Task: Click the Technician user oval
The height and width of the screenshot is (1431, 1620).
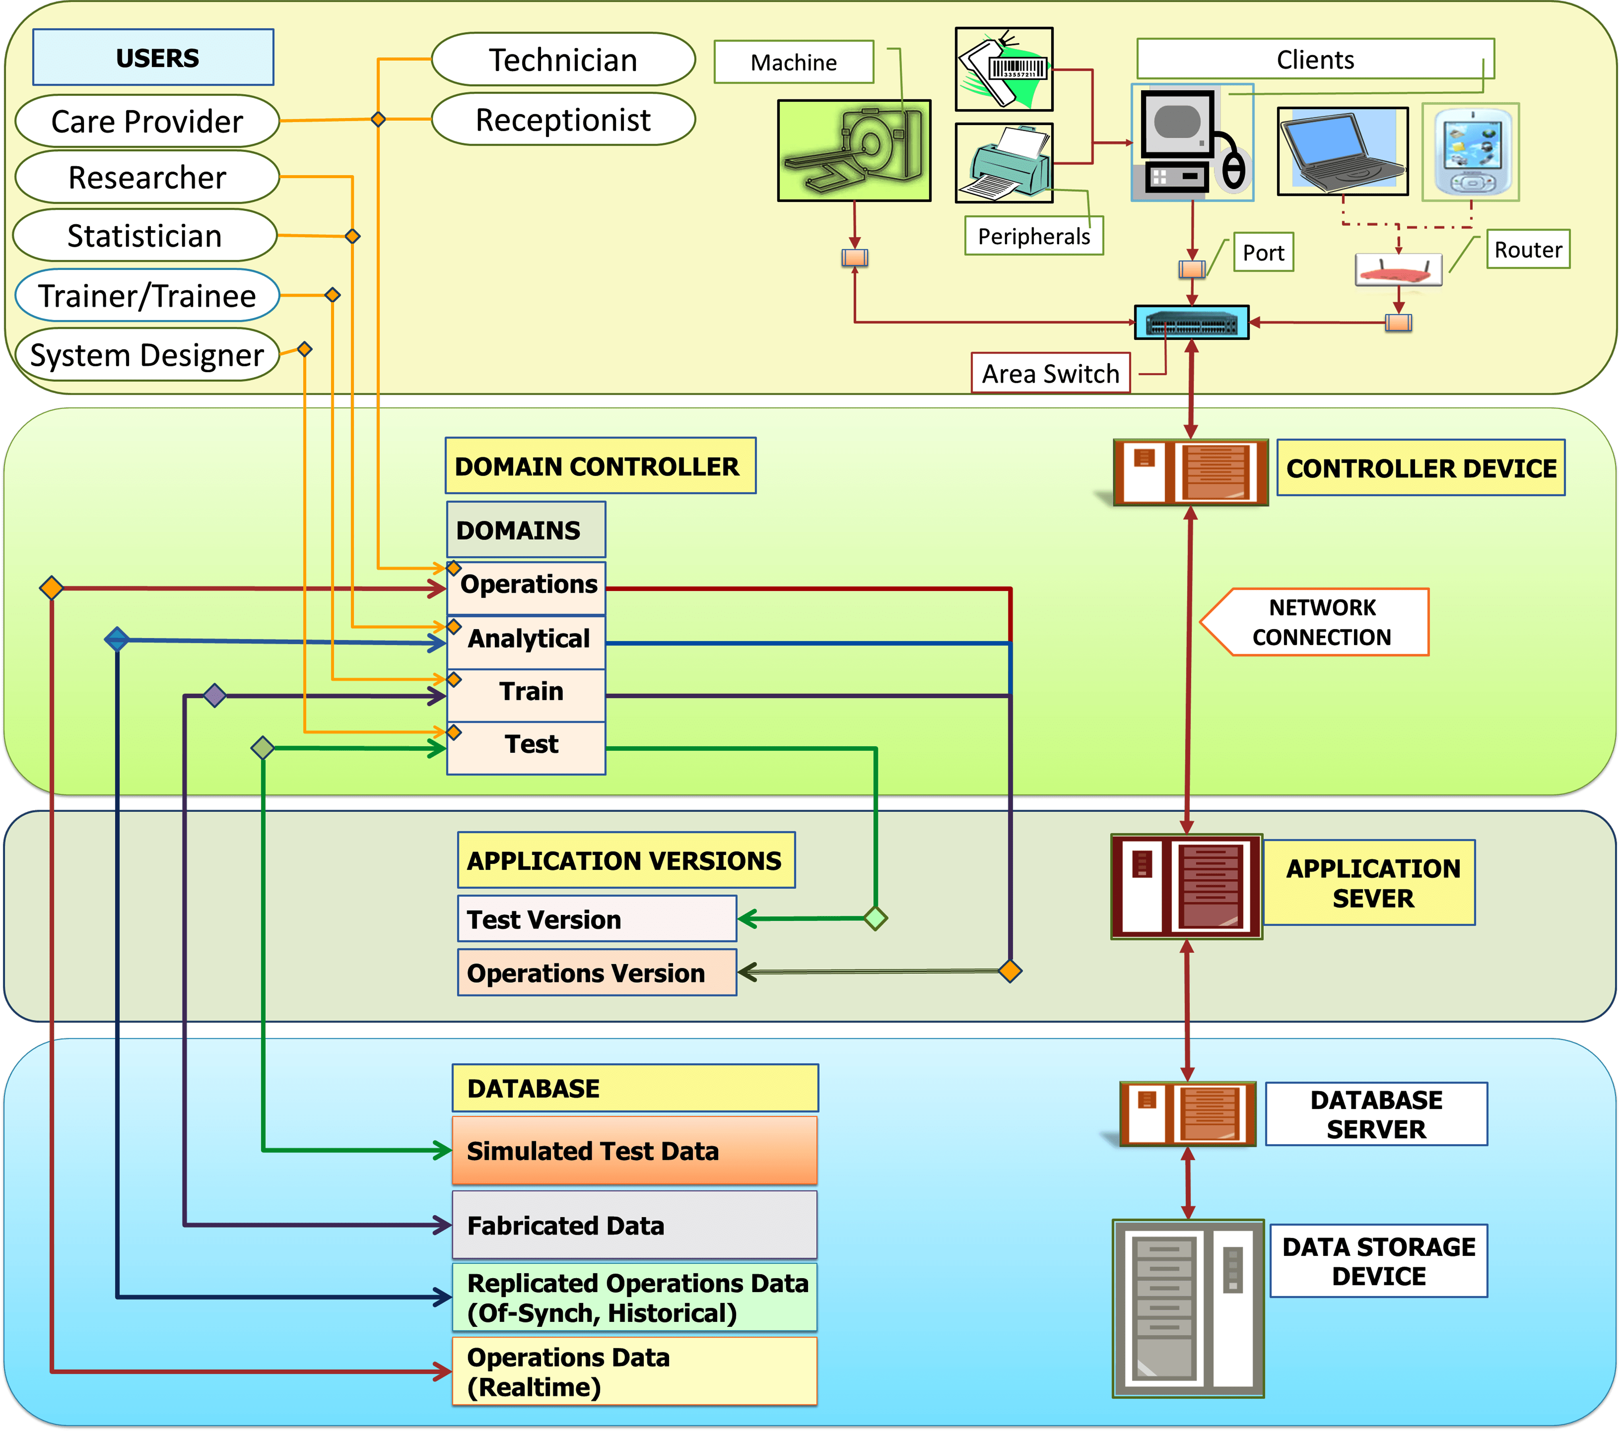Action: pyautogui.click(x=563, y=60)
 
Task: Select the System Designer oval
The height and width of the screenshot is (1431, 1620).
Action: pyautogui.click(x=147, y=355)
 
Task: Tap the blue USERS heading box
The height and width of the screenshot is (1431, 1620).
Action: pyautogui.click(x=153, y=57)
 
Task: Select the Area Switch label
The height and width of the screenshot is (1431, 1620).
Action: pyautogui.click(x=1050, y=373)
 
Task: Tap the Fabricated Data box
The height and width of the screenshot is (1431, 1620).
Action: pyautogui.click(x=634, y=1225)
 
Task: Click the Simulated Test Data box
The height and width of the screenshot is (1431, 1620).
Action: pyautogui.click(x=634, y=1151)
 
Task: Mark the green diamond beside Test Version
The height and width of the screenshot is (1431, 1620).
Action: pyautogui.click(x=875, y=918)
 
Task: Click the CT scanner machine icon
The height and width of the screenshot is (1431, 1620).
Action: pyautogui.click(x=853, y=151)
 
